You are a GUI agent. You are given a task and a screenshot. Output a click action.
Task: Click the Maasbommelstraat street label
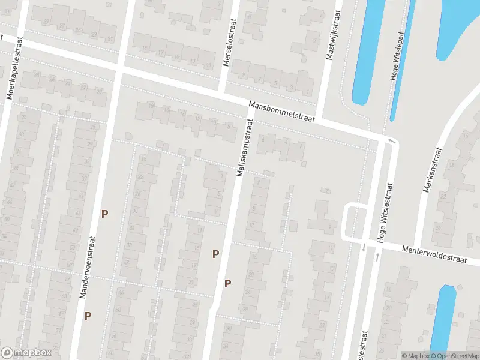point(282,112)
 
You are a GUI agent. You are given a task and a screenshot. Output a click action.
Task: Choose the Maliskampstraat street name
point(245,147)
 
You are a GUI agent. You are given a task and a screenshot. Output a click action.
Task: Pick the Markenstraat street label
point(432,169)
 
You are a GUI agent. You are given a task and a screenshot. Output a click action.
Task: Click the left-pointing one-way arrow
point(392,140)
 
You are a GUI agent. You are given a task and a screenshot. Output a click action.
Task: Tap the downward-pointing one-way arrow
point(364,247)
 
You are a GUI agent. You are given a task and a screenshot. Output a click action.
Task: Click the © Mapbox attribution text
point(415,356)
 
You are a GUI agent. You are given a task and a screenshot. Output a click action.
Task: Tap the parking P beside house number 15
point(215,254)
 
